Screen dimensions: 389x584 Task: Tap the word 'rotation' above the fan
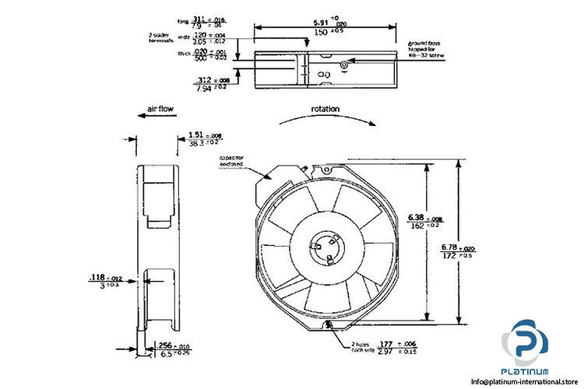(x=325, y=109)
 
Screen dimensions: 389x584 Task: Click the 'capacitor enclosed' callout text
(x=231, y=162)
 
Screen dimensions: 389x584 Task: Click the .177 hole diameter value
(x=385, y=344)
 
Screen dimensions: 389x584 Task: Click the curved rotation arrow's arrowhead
(x=376, y=124)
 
